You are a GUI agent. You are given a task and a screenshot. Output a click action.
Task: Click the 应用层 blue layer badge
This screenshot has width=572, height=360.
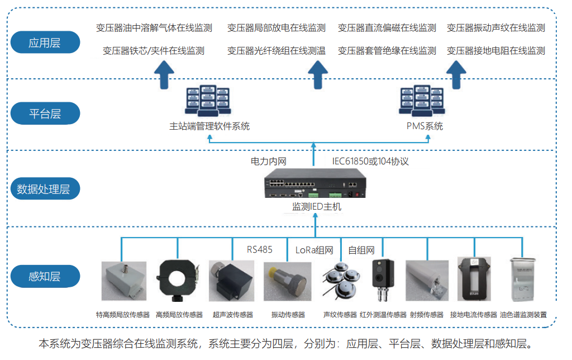click(x=45, y=42)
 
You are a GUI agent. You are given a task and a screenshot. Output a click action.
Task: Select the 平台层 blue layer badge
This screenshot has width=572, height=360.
click(x=45, y=114)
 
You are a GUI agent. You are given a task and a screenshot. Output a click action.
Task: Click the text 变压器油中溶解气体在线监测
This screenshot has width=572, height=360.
click(x=154, y=28)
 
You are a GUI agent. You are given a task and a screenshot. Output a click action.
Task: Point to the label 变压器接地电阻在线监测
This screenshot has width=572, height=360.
click(x=496, y=51)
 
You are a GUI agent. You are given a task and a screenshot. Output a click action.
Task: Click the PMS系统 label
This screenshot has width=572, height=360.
click(x=425, y=126)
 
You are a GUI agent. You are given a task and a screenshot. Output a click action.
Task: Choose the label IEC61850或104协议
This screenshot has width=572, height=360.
click(x=371, y=162)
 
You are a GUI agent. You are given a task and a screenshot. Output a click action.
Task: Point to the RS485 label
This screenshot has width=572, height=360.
click(x=259, y=249)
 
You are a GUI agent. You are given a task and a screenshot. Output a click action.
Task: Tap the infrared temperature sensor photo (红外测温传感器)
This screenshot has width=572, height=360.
click(x=383, y=280)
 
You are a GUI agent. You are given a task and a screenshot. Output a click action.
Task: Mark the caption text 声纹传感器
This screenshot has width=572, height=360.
click(x=340, y=315)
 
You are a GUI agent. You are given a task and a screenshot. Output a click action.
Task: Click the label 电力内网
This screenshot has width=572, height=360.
click(x=268, y=162)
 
